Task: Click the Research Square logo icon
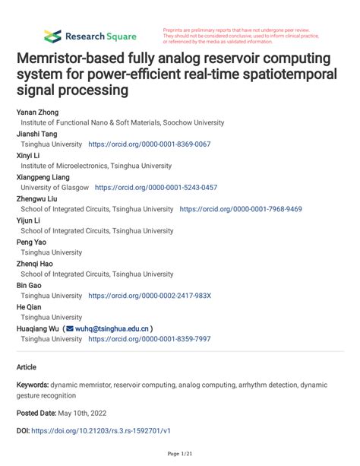click(52, 36)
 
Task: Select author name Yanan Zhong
click(37, 111)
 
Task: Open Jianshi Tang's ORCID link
click(150, 144)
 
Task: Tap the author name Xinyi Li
click(31, 154)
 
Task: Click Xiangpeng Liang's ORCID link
click(156, 187)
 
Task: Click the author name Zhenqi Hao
click(36, 263)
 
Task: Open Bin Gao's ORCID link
click(150, 296)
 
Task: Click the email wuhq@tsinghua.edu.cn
click(111, 328)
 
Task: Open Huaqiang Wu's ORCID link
click(150, 339)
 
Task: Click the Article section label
click(27, 366)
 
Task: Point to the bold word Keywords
click(33, 385)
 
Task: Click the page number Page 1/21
click(180, 455)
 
